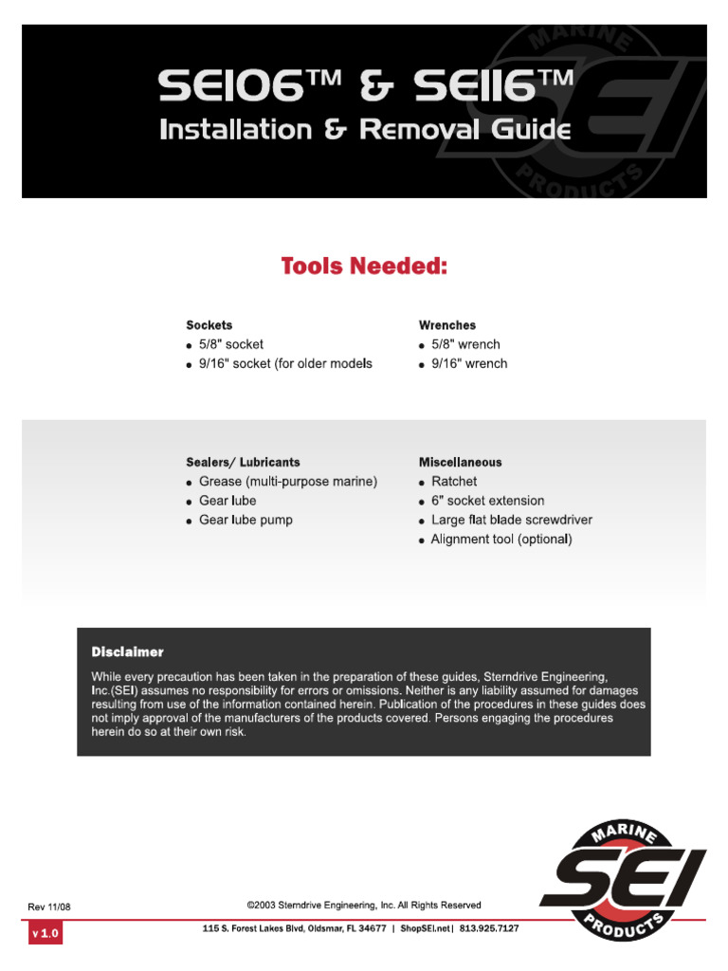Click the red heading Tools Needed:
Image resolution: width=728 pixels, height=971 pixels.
click(364, 266)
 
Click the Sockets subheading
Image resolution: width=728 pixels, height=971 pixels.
click(209, 325)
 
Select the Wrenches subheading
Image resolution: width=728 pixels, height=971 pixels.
click(447, 325)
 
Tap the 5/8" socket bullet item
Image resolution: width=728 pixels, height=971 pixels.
click(231, 344)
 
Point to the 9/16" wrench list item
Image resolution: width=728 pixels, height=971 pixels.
click(468, 363)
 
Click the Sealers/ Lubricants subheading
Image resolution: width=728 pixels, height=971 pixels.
click(243, 462)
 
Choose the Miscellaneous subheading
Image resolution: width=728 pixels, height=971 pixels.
click(461, 462)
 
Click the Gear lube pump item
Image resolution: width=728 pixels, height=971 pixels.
click(246, 520)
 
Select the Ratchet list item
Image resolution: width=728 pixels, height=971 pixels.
click(454, 482)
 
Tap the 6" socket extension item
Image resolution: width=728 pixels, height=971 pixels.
click(487, 501)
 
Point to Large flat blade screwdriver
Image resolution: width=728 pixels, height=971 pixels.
click(511, 520)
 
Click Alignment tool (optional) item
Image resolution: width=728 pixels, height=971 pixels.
click(501, 540)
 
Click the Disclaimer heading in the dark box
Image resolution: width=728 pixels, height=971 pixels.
click(127, 652)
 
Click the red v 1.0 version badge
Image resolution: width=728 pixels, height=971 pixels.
click(45, 934)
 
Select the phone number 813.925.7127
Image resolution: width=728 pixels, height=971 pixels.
click(489, 928)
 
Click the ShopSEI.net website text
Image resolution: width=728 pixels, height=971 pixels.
click(426, 928)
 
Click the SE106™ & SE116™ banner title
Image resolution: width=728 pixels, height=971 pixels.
click(365, 90)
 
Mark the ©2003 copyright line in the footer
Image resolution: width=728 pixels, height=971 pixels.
click(363, 906)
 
